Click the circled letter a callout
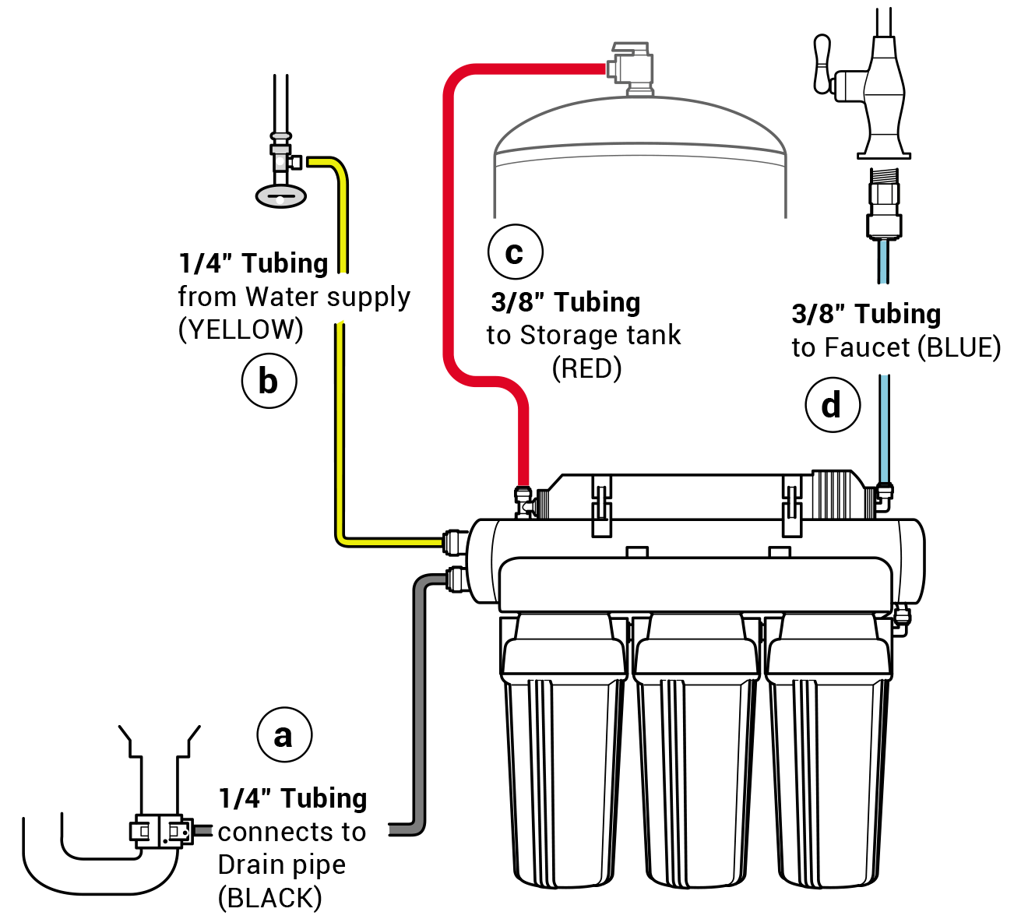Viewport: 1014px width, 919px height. [x=283, y=735]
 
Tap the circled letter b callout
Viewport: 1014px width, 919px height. [x=268, y=382]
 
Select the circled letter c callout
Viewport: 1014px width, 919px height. [x=515, y=251]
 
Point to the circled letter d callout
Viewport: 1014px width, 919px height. [x=833, y=405]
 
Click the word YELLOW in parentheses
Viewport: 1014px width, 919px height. [x=241, y=330]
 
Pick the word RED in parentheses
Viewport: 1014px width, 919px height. [x=587, y=368]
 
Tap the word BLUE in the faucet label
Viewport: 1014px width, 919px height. [x=959, y=347]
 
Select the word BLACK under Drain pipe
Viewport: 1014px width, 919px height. [x=269, y=898]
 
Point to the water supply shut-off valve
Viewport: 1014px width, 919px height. [x=281, y=160]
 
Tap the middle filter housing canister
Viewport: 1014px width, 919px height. [x=695, y=748]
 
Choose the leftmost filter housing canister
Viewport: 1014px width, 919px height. [x=564, y=748]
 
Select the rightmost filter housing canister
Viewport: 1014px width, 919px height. [x=829, y=748]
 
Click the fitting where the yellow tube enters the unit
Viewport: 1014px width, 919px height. [x=453, y=540]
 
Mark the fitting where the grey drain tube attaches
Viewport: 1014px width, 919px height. [x=454, y=578]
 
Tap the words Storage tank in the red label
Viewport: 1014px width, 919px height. [x=600, y=336]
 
